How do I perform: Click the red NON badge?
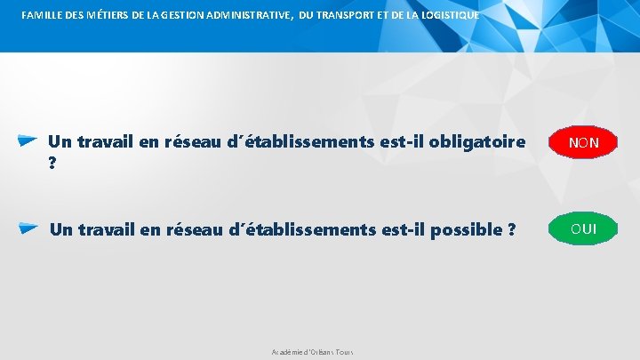(x=583, y=142)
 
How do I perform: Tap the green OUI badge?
(x=583, y=229)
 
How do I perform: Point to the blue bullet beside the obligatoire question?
(x=27, y=140)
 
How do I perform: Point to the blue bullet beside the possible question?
(x=28, y=228)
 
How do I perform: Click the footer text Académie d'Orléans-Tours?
(x=312, y=353)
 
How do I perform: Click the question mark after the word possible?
(x=512, y=229)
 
